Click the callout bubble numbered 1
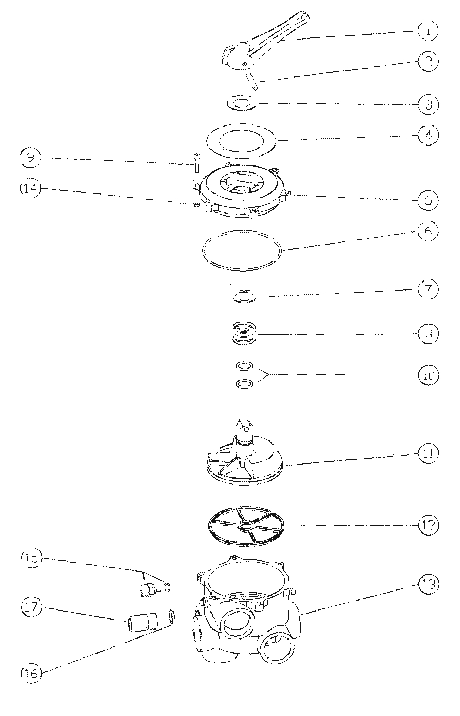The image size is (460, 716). point(428,31)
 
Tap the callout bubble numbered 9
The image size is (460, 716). point(30,158)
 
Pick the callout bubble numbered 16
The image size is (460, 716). point(32,673)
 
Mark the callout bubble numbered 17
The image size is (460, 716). point(32,607)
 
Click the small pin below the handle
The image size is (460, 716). point(252,82)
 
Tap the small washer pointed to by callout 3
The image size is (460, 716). point(242,103)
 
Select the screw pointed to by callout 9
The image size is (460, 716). point(196,163)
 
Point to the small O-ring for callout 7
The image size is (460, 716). point(244,296)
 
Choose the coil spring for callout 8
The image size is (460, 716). point(245,334)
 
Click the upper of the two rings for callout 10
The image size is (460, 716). point(244,365)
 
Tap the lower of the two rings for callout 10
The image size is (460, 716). point(244,383)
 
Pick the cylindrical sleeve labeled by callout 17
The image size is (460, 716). point(143,621)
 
